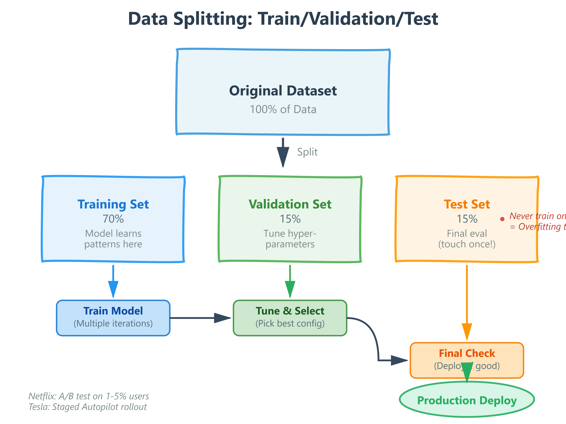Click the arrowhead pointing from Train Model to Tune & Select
(x=222, y=318)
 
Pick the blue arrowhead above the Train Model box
(x=113, y=289)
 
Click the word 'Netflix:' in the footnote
(x=42, y=396)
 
